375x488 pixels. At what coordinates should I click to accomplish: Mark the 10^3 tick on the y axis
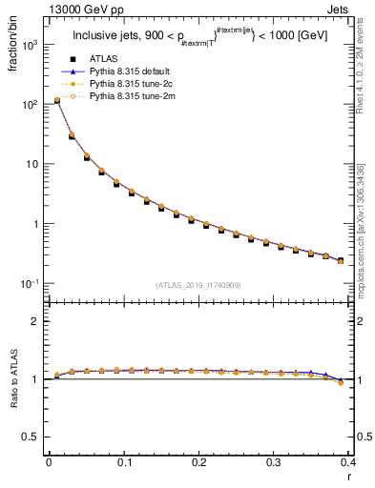point(32,45)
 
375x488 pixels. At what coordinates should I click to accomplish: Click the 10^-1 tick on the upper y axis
point(31,284)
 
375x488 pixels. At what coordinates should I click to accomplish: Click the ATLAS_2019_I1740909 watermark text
point(198,286)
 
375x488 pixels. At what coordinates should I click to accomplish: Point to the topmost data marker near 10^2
point(56,100)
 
